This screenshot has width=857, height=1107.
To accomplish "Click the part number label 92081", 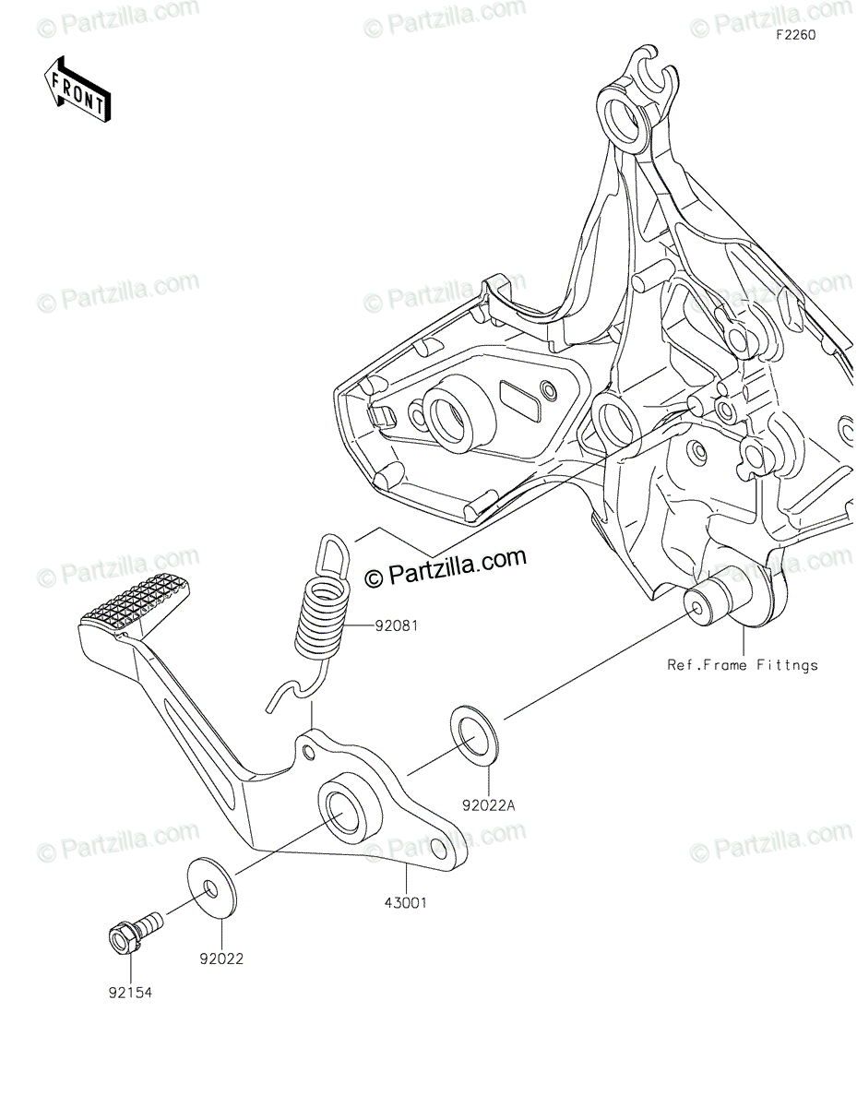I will (x=397, y=625).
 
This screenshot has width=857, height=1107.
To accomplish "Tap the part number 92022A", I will (x=488, y=805).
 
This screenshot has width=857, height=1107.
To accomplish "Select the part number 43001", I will (x=406, y=903).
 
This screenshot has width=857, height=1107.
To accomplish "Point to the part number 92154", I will (x=129, y=994).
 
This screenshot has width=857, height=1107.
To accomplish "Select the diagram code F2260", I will (x=796, y=34).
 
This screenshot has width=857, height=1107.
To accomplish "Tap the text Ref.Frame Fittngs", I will (x=744, y=664).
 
